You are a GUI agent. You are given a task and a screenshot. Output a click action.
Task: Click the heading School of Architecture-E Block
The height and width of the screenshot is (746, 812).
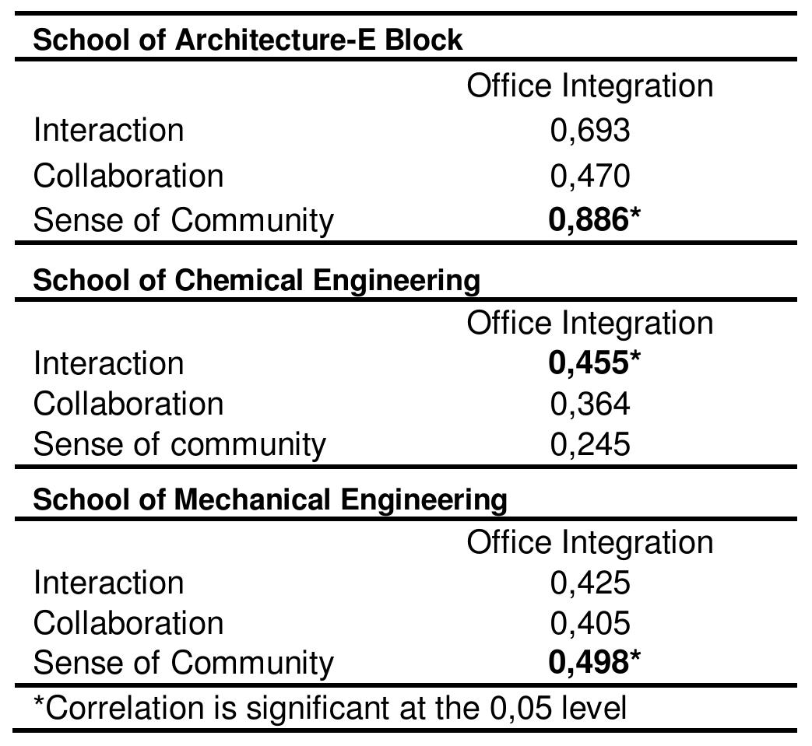(248, 40)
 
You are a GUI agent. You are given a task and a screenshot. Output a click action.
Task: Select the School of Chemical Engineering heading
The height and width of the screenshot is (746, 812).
(256, 280)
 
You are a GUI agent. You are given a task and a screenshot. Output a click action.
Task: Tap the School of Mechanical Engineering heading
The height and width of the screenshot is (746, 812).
(269, 499)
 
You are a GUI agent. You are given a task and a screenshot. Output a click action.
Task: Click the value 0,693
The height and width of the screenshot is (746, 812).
(589, 131)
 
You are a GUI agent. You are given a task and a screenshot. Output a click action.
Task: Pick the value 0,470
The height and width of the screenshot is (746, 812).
(589, 177)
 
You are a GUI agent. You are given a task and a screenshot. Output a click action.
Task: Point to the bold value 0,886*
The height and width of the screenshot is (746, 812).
(594, 221)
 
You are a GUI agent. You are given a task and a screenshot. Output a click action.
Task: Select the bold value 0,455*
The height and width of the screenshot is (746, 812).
(594, 363)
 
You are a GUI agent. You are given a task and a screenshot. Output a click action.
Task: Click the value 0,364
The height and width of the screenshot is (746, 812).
(589, 405)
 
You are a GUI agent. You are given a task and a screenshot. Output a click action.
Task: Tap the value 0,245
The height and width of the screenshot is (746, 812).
(589, 445)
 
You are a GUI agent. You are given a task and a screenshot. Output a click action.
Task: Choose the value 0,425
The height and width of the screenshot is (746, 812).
(589, 583)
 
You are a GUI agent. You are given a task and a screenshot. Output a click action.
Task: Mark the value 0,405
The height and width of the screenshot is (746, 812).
(589, 624)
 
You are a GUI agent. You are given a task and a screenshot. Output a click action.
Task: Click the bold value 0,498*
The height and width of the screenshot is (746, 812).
(594, 663)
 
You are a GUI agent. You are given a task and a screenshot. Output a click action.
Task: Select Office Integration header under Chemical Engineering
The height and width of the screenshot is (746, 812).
(589, 324)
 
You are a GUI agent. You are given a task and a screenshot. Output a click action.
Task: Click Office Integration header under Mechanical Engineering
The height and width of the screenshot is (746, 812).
(589, 543)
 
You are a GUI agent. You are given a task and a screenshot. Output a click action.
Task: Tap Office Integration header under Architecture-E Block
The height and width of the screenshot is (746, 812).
(589, 86)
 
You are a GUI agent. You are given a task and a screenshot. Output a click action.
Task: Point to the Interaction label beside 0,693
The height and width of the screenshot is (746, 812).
(108, 131)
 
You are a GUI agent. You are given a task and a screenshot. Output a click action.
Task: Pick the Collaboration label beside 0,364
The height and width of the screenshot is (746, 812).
(128, 405)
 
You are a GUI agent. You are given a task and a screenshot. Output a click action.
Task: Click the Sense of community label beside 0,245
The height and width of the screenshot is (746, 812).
(179, 445)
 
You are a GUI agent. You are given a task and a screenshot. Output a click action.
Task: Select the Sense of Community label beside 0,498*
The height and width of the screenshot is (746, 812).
(183, 663)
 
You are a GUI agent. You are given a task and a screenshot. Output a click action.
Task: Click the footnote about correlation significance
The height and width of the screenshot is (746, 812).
(330, 709)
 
